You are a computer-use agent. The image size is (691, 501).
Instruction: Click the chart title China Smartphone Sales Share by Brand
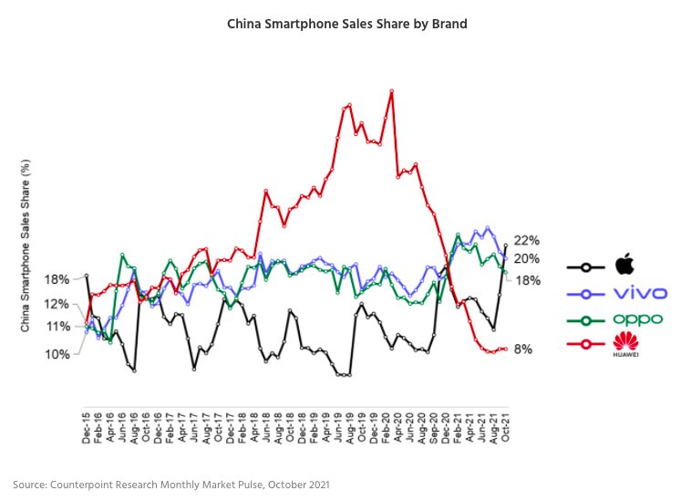[346, 24]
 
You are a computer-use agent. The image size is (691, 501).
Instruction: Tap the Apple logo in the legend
[624, 266]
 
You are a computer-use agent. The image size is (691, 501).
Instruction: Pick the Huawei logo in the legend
[624, 344]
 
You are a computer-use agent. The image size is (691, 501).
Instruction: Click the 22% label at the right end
[528, 240]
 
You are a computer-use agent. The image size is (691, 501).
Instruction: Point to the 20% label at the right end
[528, 259]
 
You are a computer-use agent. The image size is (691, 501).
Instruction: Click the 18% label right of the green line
[528, 280]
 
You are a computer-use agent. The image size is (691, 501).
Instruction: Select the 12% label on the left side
[57, 303]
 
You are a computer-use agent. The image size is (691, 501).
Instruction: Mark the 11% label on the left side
[57, 326]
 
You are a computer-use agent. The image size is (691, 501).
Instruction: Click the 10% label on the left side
[57, 353]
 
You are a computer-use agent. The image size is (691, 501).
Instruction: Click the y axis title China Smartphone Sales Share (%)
[26, 246]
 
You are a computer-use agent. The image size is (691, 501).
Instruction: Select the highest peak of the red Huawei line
[391, 91]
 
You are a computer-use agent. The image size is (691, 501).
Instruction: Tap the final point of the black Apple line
[506, 245]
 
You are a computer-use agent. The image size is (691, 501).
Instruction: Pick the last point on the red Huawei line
[506, 349]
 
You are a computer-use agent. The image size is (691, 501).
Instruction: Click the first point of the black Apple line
[87, 276]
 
